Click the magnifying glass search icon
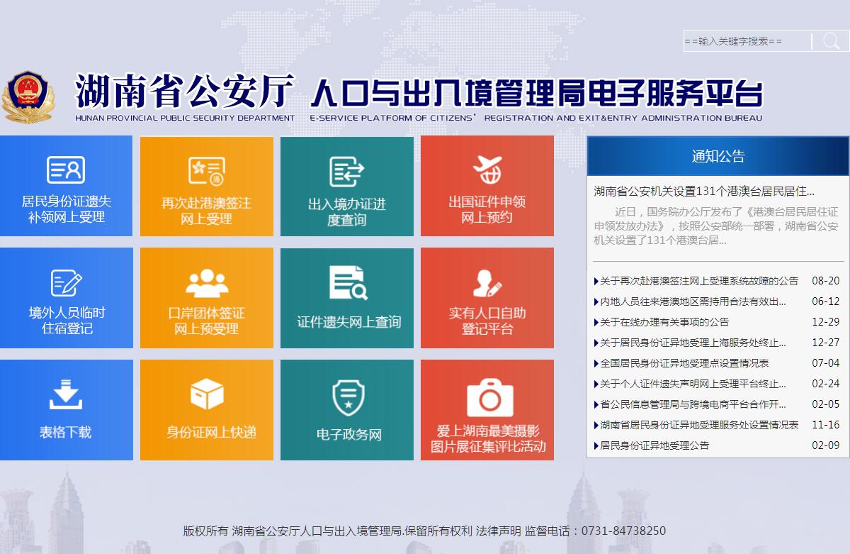[831, 40]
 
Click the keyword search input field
[747, 41]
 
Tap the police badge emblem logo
[28, 97]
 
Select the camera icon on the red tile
[490, 398]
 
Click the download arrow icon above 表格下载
[66, 394]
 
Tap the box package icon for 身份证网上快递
[207, 394]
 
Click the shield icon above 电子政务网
[348, 398]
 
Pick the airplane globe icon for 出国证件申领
[487, 170]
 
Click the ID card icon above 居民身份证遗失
[66, 170]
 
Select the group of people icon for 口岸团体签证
[207, 283]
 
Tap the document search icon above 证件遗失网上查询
[348, 283]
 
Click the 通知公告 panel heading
[718, 156]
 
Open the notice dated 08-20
[699, 281]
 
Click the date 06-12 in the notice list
[825, 301]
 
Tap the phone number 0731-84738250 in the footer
[623, 531]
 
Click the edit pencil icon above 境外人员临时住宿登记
[67, 283]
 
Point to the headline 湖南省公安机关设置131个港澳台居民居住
[704, 191]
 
